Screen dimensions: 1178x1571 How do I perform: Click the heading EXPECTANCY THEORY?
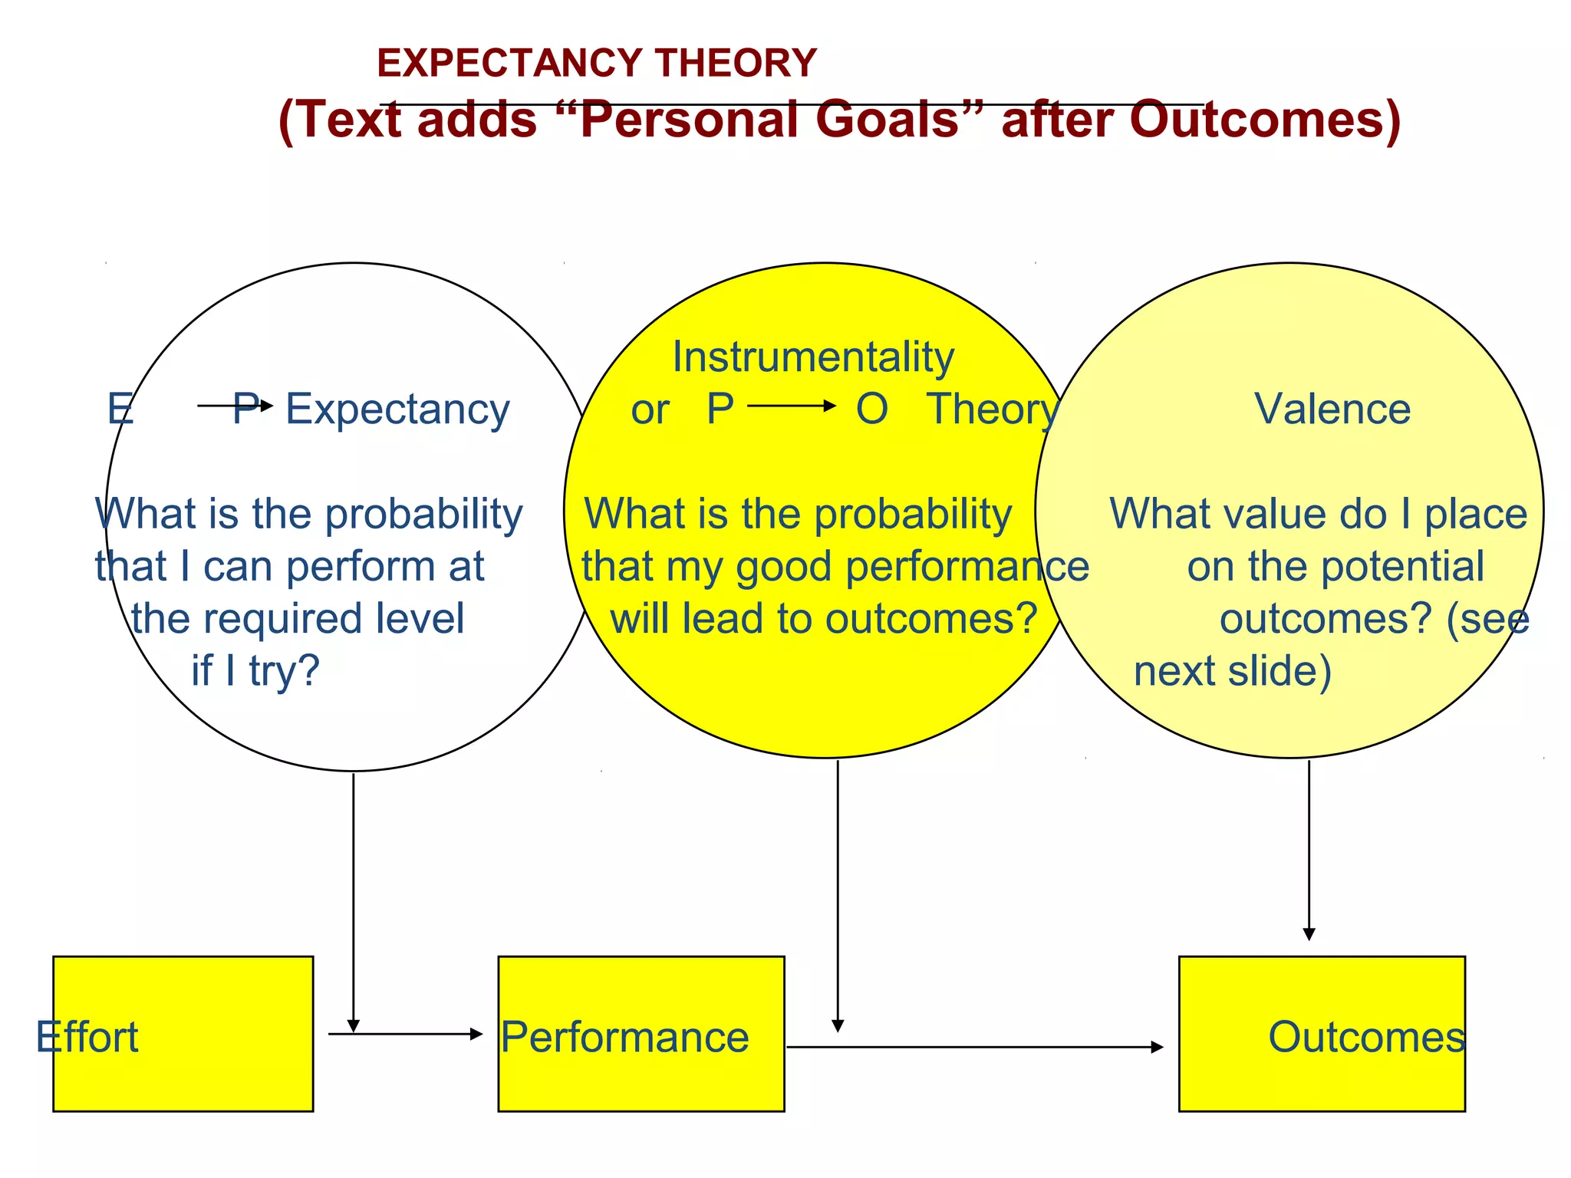pos(597,63)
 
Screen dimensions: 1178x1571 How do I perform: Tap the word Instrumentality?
pos(813,357)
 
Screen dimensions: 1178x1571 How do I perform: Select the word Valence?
pos(1332,409)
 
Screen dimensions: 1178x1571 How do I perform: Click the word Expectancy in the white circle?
pos(397,410)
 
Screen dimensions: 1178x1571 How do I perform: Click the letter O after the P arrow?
pos(871,409)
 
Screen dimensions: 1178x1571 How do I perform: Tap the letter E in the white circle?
pos(120,409)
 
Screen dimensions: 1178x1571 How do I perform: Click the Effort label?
pos(87,1037)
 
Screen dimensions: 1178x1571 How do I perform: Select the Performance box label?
pos(624,1037)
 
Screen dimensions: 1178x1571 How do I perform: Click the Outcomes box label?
pos(1366,1037)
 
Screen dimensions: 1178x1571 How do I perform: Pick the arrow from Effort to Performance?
pos(405,1034)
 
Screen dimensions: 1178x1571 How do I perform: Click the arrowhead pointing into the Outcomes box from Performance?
pos(1157,1047)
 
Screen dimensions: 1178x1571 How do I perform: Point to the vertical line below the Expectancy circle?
pos(353,897)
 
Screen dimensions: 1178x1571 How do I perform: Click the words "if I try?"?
pos(255,671)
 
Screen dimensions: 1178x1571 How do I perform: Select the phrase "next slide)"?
pos(1232,671)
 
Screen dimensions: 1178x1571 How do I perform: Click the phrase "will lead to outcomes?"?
pos(824,618)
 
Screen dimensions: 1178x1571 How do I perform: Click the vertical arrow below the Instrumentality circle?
pos(838,893)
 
